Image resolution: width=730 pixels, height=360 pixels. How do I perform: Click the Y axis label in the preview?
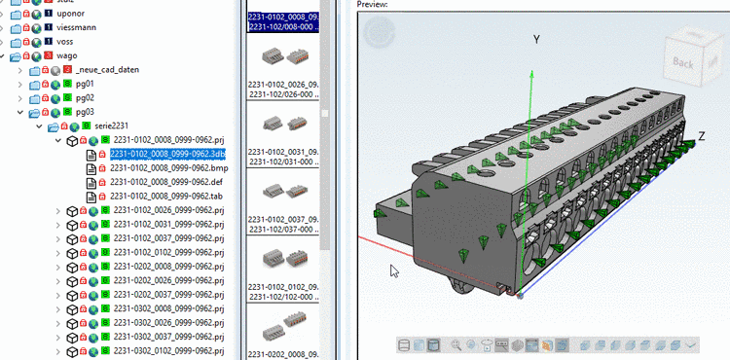(534, 40)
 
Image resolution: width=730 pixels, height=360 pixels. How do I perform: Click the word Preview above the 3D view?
(372, 4)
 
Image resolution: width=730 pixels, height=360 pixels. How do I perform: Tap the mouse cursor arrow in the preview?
(394, 270)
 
